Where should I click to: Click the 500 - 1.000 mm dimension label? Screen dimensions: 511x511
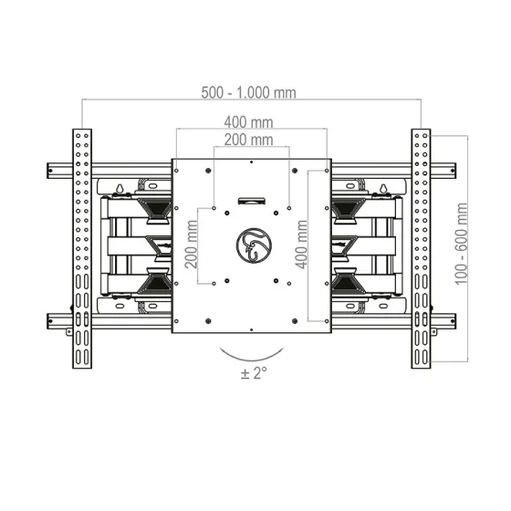248,92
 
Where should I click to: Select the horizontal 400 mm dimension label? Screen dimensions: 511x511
248,122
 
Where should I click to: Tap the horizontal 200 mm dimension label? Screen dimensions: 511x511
248,140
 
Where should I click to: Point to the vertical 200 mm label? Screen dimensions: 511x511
192,245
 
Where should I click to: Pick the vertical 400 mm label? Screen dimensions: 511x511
301,245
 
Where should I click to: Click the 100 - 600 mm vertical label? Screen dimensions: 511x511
461,244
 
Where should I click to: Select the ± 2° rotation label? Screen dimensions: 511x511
254,373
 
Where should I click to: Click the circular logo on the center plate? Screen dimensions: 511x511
254,245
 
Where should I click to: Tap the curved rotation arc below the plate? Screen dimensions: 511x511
252,360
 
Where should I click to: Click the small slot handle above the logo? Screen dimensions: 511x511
251,201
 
